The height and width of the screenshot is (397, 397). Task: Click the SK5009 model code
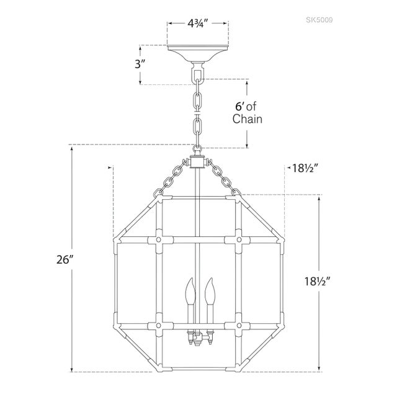click(319, 20)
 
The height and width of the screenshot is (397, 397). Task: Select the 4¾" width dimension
click(198, 24)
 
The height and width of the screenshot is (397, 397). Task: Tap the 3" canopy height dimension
click(140, 65)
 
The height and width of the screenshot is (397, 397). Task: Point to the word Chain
click(248, 119)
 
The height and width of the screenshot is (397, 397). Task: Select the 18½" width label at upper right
click(305, 168)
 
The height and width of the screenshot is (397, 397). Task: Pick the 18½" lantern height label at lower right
click(318, 281)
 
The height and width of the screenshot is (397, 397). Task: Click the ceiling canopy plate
click(197, 53)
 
